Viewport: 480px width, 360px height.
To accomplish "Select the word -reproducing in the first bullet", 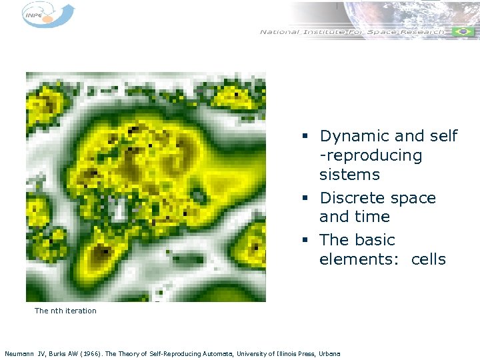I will [x=371, y=156].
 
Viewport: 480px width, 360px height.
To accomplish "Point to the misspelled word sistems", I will [x=349, y=175].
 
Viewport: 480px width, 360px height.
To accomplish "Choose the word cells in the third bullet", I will [x=428, y=259].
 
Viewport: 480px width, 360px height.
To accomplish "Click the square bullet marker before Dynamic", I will [x=303, y=137].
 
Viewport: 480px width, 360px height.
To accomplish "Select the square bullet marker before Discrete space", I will [x=303, y=199].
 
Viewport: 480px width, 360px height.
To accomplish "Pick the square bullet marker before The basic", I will [x=303, y=241].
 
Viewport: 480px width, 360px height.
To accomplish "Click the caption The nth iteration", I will [x=65, y=311].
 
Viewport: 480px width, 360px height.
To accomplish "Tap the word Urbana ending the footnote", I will [x=329, y=353].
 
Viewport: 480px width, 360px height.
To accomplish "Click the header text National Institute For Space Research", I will [x=352, y=32].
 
